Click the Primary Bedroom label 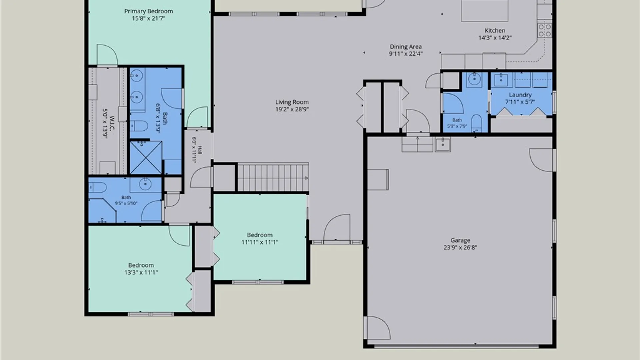149,11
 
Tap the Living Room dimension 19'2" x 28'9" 292,109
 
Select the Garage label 460,240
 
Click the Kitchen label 495,30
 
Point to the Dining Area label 406,47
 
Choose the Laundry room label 520,95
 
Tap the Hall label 200,150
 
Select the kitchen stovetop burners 545,30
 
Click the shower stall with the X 146,157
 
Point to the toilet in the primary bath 139,126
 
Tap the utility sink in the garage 443,144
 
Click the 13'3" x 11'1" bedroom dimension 141,272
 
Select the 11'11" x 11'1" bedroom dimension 260,242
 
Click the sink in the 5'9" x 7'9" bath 474,79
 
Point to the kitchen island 485,10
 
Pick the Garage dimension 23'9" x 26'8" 460,248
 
